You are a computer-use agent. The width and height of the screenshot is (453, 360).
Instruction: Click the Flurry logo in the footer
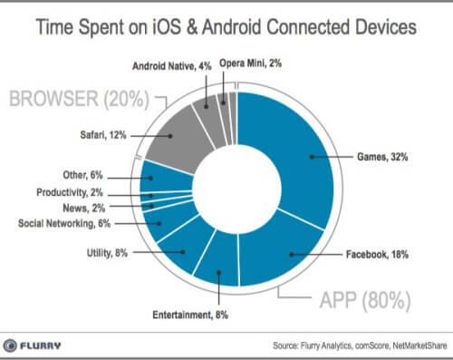(x=40, y=345)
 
